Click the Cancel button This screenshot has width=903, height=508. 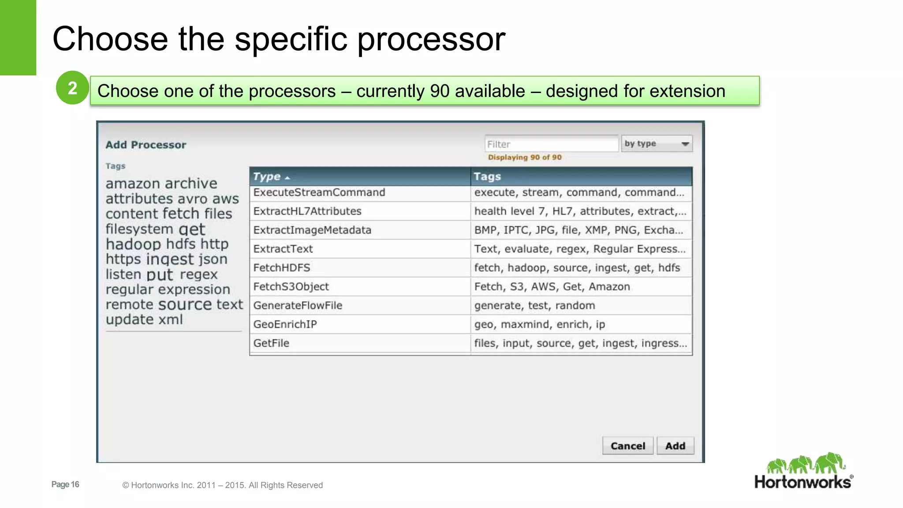627,446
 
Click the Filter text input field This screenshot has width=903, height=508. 551,144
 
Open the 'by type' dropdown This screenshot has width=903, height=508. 657,144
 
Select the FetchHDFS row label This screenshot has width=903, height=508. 282,268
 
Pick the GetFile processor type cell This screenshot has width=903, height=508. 271,343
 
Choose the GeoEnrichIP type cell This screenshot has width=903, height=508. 285,324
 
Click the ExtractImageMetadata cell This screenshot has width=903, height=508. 312,230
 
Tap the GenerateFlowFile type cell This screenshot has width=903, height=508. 298,306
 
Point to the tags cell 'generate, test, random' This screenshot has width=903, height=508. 534,306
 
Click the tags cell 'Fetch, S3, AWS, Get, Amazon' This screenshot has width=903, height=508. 552,287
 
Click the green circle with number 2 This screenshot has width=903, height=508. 73,88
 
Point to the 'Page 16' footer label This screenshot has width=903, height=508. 65,484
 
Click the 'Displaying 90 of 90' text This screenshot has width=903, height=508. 525,157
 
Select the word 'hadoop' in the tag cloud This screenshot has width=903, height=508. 133,244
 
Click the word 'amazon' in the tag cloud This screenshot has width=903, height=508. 132,183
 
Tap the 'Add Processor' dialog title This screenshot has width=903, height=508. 146,145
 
